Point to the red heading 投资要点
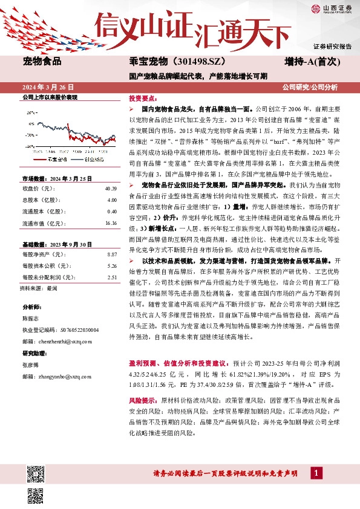pyautogui.click(x=141, y=98)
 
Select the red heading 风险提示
pyautogui.click(x=143, y=400)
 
